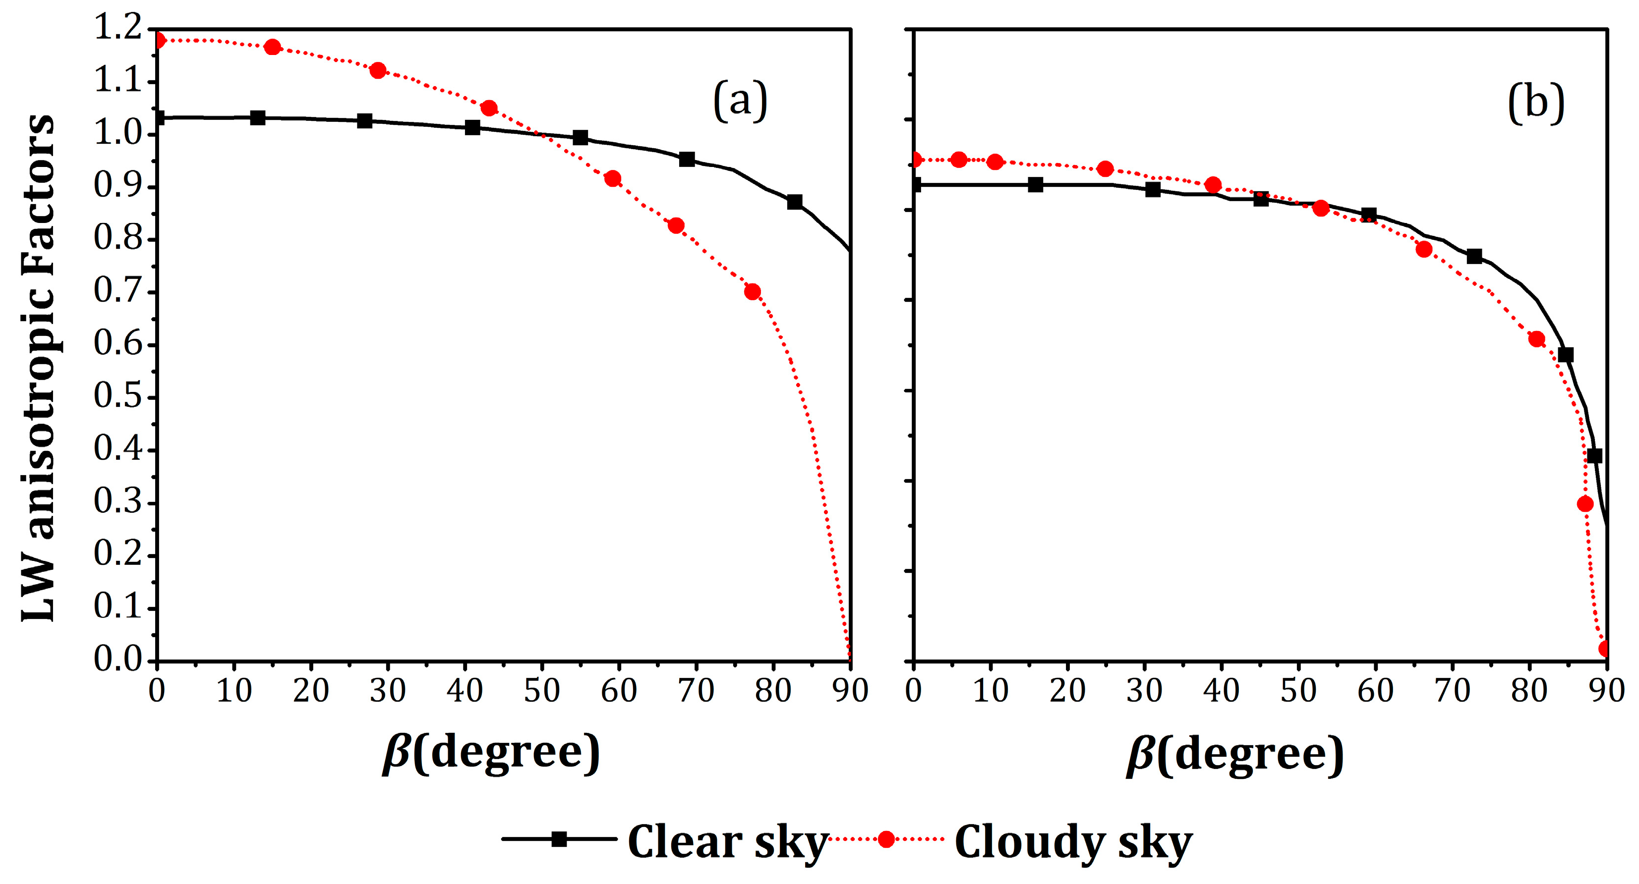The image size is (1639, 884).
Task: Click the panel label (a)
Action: [740, 101]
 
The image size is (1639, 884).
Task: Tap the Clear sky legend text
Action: [727, 842]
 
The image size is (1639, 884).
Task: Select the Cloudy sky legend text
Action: [1073, 842]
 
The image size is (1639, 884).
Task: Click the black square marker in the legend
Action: [559, 839]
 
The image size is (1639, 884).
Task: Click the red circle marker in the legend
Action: [885, 839]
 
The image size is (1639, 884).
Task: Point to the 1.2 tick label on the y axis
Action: [117, 29]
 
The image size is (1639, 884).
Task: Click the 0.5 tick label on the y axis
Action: [117, 397]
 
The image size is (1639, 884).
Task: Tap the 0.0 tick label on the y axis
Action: [117, 660]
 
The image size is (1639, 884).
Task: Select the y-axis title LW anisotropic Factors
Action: [38, 368]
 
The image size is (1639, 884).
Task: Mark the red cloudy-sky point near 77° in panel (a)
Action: [752, 292]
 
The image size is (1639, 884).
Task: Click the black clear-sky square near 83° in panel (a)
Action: [794, 202]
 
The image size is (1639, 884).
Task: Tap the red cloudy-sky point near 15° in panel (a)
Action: [272, 47]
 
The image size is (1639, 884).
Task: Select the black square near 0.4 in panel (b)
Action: [1594, 455]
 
